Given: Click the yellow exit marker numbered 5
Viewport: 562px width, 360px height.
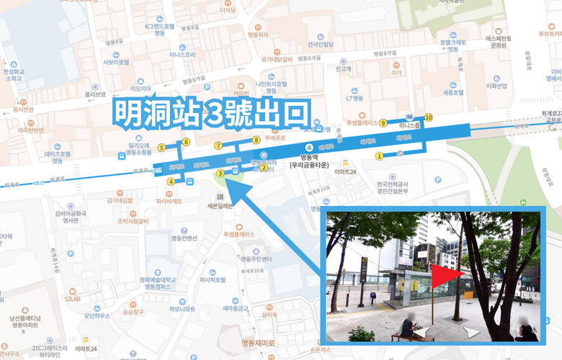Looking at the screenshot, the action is pyautogui.click(x=161, y=148).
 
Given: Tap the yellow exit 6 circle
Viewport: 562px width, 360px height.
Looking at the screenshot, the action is pyautogui.click(x=186, y=142).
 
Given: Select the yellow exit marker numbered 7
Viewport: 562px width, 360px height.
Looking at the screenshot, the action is pyautogui.click(x=218, y=146).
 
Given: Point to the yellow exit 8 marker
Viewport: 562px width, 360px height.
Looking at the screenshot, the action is pyautogui.click(x=256, y=140).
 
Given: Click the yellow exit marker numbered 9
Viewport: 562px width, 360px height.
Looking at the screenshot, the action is pyautogui.click(x=383, y=122).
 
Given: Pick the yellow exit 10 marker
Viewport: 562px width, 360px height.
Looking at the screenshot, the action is pyautogui.click(x=429, y=117).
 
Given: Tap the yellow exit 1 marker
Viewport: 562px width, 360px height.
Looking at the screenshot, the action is pyautogui.click(x=379, y=156).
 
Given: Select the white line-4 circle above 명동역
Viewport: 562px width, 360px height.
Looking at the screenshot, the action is pyautogui.click(x=309, y=148).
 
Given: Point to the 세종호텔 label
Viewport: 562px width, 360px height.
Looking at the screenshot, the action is pyautogui.click(x=451, y=93).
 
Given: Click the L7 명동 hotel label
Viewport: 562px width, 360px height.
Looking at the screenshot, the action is pyautogui.click(x=356, y=98).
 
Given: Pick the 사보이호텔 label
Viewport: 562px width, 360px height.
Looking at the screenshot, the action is pyautogui.click(x=116, y=62).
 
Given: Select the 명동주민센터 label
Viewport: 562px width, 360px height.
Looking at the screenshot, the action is pyautogui.click(x=256, y=258).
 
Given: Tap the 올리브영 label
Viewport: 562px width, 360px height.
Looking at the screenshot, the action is pyautogui.click(x=95, y=94).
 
